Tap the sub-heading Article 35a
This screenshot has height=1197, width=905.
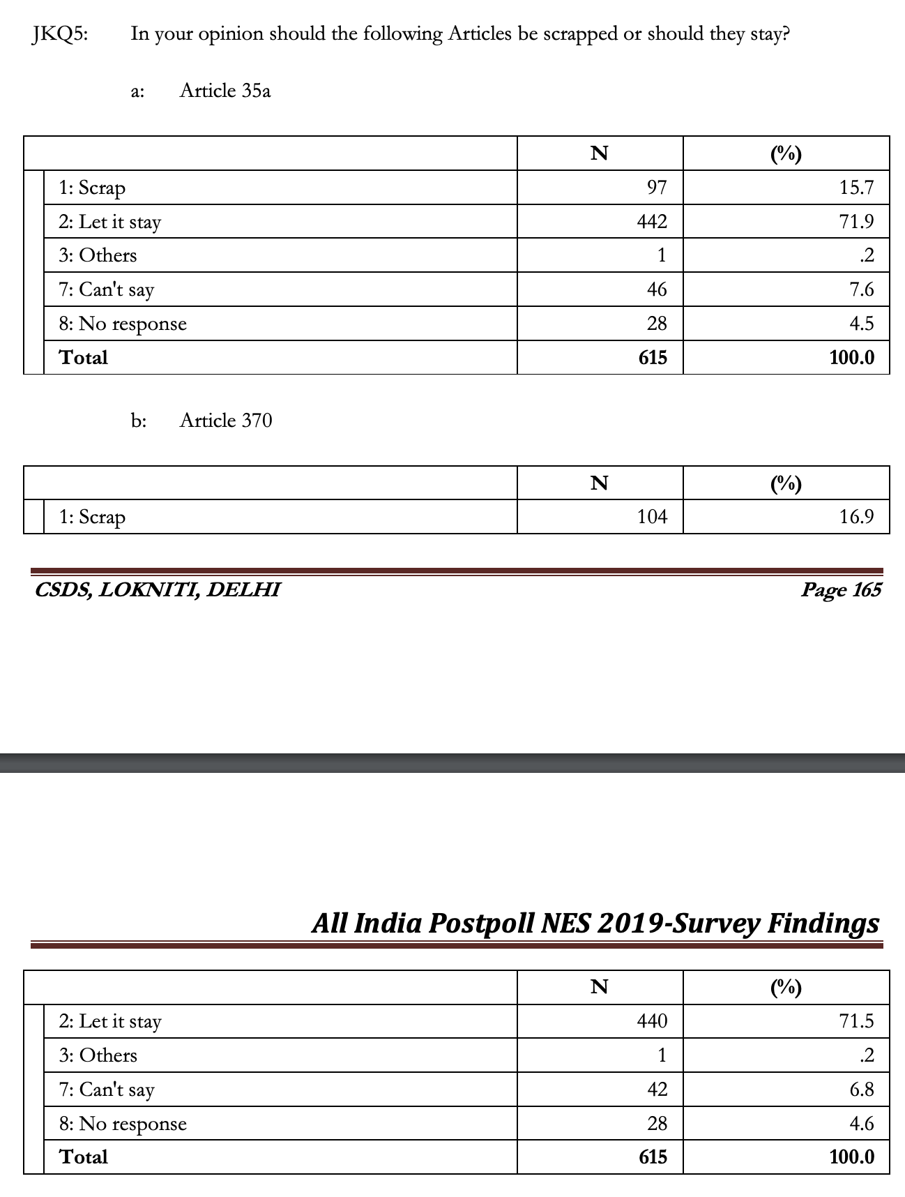click(x=225, y=91)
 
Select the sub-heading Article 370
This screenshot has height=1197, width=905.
click(x=225, y=421)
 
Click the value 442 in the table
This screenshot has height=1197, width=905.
click(x=652, y=222)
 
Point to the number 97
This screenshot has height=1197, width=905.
click(x=657, y=188)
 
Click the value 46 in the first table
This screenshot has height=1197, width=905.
click(x=657, y=289)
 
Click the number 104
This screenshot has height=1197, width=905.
click(x=652, y=517)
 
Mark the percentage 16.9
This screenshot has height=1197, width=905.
click(x=856, y=517)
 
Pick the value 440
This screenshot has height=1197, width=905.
click(x=652, y=1021)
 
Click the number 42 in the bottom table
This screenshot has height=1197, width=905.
click(x=657, y=1089)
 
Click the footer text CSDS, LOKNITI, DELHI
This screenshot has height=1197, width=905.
click(x=158, y=590)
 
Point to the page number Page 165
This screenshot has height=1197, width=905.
click(x=841, y=590)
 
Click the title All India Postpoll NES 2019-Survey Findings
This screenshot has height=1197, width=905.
click(x=595, y=924)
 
